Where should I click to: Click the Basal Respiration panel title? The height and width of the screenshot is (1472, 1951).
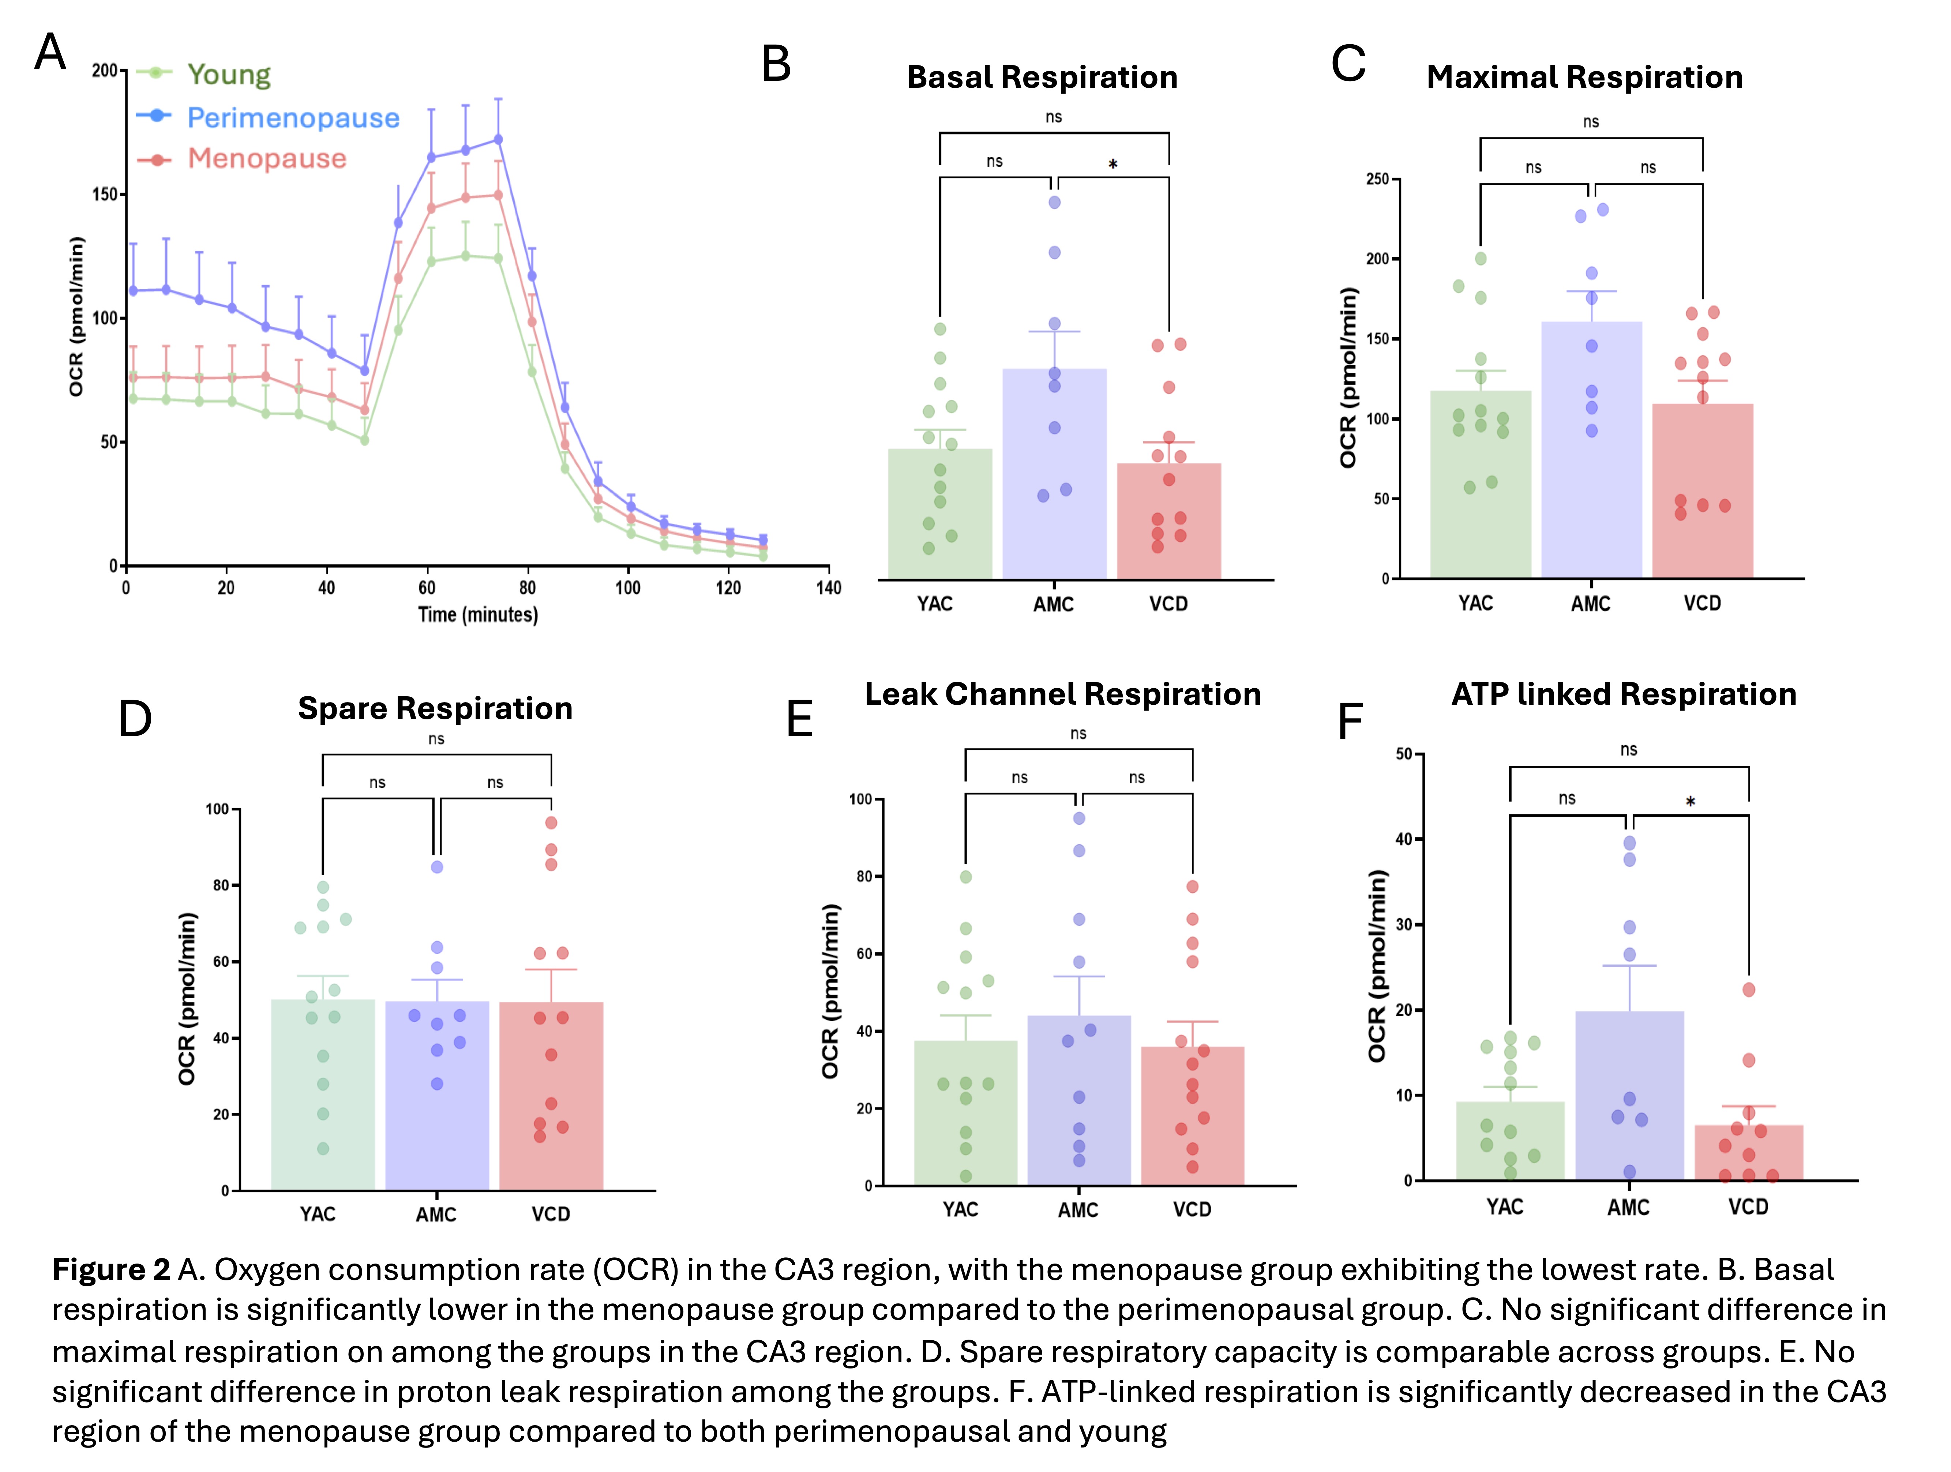[1042, 78]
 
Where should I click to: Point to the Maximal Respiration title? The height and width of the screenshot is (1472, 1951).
[1584, 78]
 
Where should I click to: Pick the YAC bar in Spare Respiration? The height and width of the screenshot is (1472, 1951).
[323, 1093]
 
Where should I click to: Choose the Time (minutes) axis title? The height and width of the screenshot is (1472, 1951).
[477, 615]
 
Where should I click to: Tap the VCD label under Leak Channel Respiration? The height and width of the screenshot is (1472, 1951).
[1192, 1209]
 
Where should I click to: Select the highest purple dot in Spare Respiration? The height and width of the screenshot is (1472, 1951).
[436, 867]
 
